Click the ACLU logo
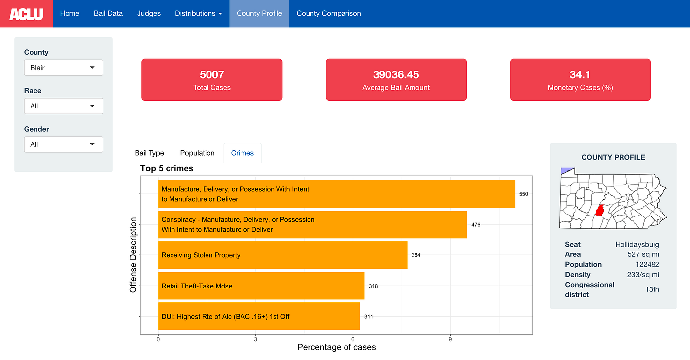click(26, 14)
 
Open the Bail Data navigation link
click(108, 13)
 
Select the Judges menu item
click(149, 13)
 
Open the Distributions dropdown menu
click(198, 13)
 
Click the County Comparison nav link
click(329, 13)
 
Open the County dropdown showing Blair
click(64, 68)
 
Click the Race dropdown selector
click(64, 106)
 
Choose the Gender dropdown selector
click(64, 144)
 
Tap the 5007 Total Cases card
click(212, 80)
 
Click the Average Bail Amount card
click(396, 80)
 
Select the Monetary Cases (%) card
click(580, 80)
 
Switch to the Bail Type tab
click(149, 153)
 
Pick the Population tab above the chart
click(197, 153)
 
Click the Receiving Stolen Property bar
click(282, 255)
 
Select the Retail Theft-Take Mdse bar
click(261, 286)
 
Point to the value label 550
click(523, 194)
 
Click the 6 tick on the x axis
click(353, 339)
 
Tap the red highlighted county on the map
click(600, 211)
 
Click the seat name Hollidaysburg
click(637, 245)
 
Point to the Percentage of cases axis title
click(336, 348)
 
